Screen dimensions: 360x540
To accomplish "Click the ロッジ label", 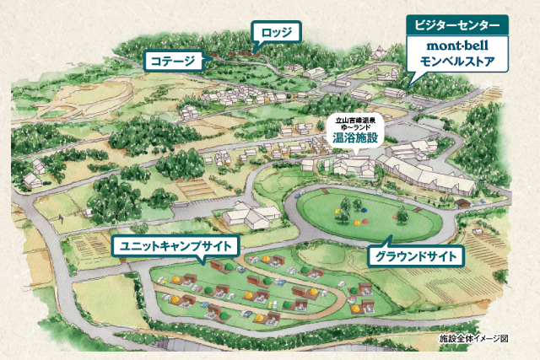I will point(276,33).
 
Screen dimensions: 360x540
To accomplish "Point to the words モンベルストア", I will point(458,62).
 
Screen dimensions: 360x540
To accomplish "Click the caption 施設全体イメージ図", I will point(475,340).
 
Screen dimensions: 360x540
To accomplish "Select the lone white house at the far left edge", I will point(34,180).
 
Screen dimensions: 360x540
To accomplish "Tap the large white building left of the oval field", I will point(246,216).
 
